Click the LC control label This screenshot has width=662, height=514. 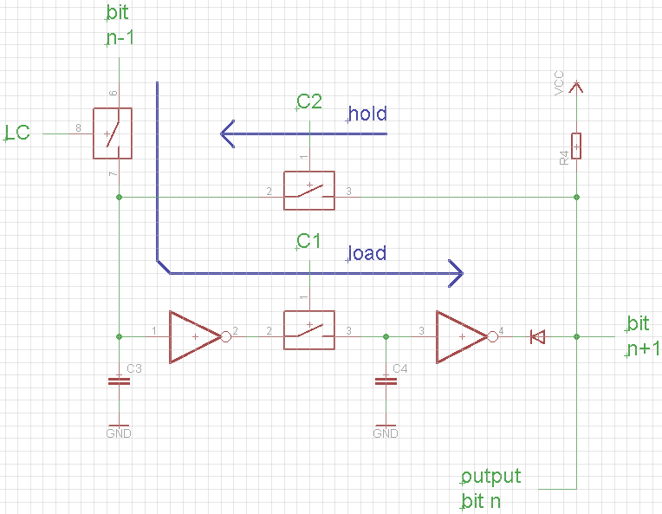click(x=18, y=133)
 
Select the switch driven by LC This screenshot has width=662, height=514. click(x=113, y=133)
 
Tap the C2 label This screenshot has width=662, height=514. click(x=309, y=101)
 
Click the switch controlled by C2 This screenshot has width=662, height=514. click(x=309, y=192)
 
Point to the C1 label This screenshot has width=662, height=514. click(x=309, y=241)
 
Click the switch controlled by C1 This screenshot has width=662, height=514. click(x=309, y=330)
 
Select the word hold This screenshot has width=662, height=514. click(x=367, y=114)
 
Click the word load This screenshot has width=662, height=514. click(x=367, y=254)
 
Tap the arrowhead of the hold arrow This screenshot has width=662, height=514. click(x=229, y=133)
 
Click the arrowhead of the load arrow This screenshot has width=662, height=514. click(x=453, y=273)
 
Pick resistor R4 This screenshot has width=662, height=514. click(x=576, y=146)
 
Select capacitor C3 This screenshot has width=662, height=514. click(x=119, y=381)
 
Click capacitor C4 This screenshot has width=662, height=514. click(x=385, y=381)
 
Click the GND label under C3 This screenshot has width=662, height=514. click(x=119, y=433)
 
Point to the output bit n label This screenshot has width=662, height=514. click(x=490, y=489)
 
